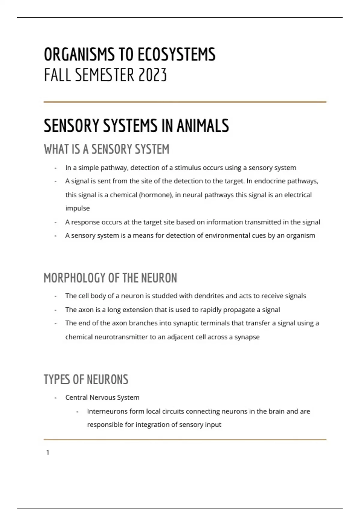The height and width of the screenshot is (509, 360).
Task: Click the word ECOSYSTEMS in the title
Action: point(176,55)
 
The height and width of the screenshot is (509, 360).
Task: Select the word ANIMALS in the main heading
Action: point(203,125)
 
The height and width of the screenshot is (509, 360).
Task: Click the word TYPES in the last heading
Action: point(57,380)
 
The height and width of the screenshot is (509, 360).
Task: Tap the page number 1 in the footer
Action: point(48,452)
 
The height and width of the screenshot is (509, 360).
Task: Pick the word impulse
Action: point(77,208)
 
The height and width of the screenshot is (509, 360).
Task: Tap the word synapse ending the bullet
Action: point(247,337)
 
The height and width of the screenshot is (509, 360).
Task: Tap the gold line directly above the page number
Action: point(185,440)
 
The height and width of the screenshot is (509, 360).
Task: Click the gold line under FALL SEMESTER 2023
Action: point(185,102)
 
